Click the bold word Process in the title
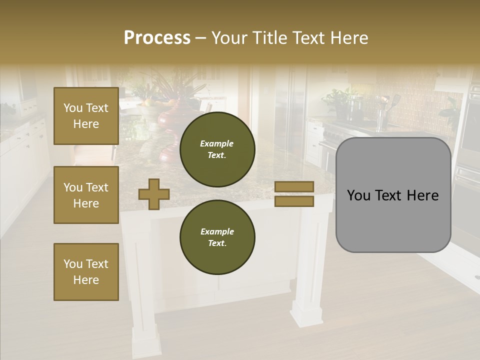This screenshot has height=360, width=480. click(x=157, y=38)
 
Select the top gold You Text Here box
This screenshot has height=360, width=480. click(x=86, y=116)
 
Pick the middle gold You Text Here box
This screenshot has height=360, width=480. click(x=86, y=195)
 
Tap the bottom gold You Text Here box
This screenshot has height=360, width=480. click(x=86, y=272)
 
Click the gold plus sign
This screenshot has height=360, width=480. click(x=154, y=194)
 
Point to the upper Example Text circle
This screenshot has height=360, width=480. click(x=217, y=149)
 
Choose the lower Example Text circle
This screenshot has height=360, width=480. click(x=217, y=237)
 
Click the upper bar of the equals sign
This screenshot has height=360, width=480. click(x=294, y=186)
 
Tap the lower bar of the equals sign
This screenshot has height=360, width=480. click(x=294, y=201)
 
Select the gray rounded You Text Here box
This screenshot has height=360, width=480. click(x=393, y=195)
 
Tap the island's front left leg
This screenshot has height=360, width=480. click(x=145, y=320)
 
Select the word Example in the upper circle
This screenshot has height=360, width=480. click(x=216, y=143)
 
